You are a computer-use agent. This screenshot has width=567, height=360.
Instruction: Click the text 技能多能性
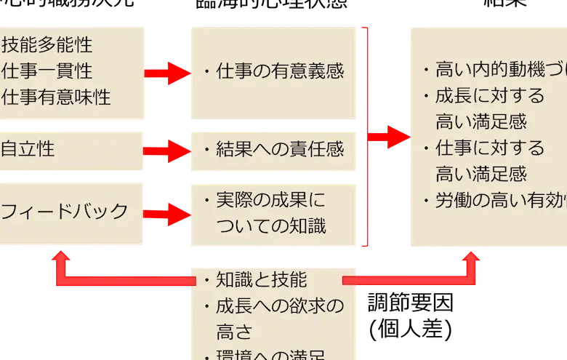[47, 45]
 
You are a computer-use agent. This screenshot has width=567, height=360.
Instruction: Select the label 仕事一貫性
[47, 71]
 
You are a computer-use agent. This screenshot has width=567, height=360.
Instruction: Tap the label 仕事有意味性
[56, 96]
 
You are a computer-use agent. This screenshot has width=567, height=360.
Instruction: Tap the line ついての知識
[271, 225]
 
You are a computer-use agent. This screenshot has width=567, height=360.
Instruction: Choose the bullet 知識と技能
[256, 279]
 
